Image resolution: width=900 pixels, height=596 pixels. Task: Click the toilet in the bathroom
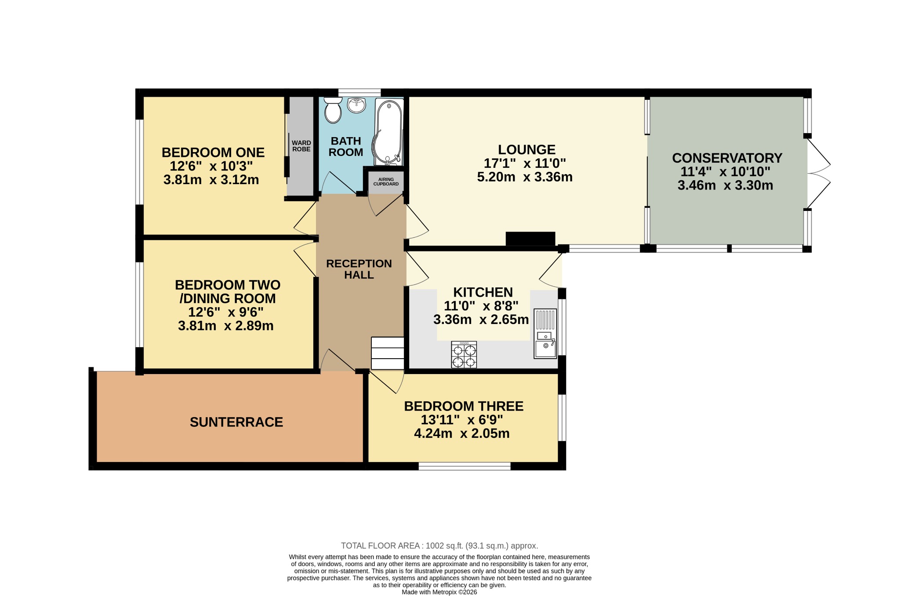click(x=333, y=110)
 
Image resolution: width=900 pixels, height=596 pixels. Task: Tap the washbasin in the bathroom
click(x=356, y=105)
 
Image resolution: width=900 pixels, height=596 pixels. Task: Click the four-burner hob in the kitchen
click(x=464, y=355)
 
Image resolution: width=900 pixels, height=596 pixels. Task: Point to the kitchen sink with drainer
click(x=545, y=334)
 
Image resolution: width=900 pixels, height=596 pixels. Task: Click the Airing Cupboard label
click(x=386, y=182)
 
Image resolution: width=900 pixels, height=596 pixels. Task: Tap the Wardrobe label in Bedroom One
click(x=301, y=146)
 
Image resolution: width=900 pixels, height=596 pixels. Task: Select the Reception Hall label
click(x=359, y=269)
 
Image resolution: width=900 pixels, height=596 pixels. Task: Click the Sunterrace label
click(x=236, y=422)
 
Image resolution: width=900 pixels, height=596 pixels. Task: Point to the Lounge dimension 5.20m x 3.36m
click(x=525, y=177)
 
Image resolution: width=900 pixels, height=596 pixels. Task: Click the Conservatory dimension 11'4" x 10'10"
click(x=726, y=171)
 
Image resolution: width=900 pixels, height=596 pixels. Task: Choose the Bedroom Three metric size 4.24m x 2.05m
click(x=462, y=433)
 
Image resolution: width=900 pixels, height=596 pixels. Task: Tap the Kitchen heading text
click(x=483, y=292)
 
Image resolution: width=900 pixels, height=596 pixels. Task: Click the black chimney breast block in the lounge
click(x=530, y=239)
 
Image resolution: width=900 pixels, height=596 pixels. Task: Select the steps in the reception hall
click(x=388, y=353)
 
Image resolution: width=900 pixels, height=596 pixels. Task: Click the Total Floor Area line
click(x=439, y=546)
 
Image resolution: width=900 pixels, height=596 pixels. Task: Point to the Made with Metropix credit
click(x=439, y=592)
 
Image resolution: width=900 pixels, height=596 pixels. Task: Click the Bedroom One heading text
click(x=213, y=153)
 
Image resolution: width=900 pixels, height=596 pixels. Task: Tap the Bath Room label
click(x=346, y=147)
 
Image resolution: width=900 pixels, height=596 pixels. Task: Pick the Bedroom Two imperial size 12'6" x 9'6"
click(x=226, y=312)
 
